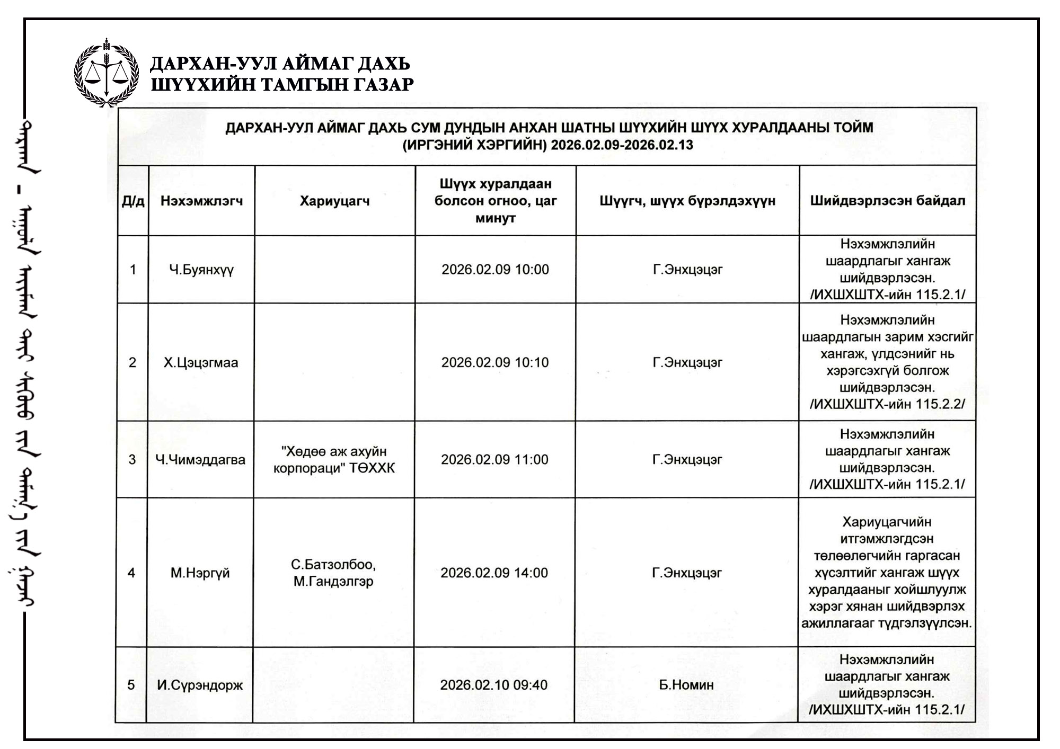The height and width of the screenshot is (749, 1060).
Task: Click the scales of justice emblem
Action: [106, 73]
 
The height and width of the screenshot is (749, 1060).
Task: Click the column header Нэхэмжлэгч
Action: [201, 201]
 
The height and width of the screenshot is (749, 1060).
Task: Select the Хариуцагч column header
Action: [334, 201]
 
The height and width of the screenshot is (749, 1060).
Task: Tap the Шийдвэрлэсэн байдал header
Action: [887, 201]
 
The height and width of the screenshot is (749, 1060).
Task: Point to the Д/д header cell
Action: [133, 201]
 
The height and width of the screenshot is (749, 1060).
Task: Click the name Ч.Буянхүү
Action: [201, 270]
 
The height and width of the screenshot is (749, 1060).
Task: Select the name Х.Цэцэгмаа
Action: [201, 363]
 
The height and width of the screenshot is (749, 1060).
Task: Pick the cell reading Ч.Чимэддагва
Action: [200, 459]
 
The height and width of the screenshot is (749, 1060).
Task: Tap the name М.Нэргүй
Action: [200, 573]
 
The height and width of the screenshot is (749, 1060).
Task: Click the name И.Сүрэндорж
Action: [200, 685]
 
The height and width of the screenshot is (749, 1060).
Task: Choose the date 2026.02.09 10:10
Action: [495, 363]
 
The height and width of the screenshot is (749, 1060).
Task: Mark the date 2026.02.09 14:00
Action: [494, 573]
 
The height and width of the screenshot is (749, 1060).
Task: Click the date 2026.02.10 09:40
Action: [493, 685]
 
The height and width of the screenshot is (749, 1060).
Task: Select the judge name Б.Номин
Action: [686, 685]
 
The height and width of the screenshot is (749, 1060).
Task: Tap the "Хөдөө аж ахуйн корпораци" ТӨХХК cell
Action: [334, 460]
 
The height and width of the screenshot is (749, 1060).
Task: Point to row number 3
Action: [132, 459]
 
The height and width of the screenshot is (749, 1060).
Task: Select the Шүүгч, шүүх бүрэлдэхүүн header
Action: [687, 201]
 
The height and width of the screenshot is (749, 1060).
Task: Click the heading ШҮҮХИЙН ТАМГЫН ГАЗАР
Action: [282, 85]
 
